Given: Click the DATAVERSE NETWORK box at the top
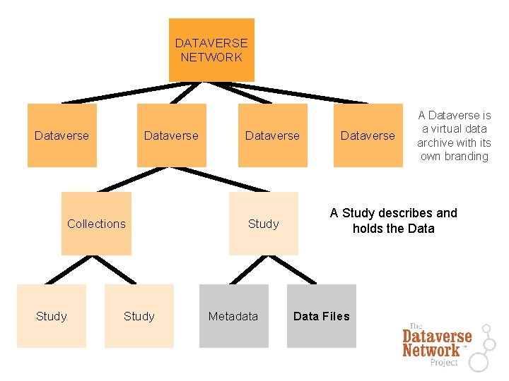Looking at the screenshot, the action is point(211,50).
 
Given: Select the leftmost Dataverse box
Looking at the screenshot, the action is point(62,135).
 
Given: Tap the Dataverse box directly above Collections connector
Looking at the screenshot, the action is point(172,135).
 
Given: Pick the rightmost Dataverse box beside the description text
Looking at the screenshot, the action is point(368,135).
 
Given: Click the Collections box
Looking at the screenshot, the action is point(96,224).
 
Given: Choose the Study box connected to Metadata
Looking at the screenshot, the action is point(263,224).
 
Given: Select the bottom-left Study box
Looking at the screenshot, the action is point(52,316).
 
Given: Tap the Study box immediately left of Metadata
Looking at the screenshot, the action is point(139,316).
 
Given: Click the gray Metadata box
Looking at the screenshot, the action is point(233,316).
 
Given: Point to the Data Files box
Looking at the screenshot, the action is point(321,316).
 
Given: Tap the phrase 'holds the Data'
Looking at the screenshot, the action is point(394,229).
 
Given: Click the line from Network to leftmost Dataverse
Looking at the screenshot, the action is point(117,94).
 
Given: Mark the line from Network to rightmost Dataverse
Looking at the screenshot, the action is point(297,94).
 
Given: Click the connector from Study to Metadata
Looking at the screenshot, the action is point(245,270).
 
